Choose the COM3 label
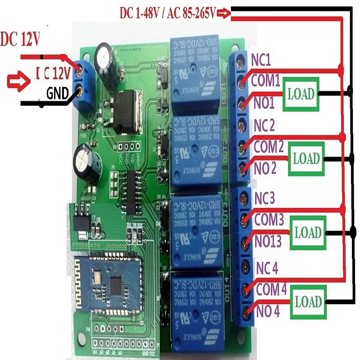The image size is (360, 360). pyautogui.click(x=269, y=220)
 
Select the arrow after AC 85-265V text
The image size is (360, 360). pyautogui.click(x=224, y=14)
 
